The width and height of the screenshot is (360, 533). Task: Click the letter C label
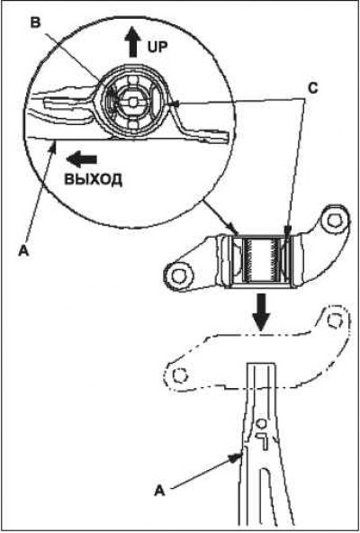[x=312, y=88]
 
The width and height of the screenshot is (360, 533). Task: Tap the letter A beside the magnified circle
[x=22, y=251]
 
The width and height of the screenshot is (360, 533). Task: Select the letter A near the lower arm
[x=160, y=491]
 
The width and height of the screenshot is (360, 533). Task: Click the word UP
[x=157, y=47]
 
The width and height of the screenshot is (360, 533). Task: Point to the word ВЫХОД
[x=93, y=179]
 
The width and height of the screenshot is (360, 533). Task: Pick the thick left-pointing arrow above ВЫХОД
[x=82, y=159]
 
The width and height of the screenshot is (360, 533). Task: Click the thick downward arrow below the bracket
[x=262, y=312]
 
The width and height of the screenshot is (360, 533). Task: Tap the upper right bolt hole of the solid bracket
[x=335, y=221]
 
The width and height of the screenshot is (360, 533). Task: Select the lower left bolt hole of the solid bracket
[x=178, y=276]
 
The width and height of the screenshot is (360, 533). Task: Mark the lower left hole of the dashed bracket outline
[x=179, y=375]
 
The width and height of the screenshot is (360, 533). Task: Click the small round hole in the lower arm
[x=261, y=423]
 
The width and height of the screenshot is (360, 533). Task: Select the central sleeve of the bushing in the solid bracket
[x=261, y=261]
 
